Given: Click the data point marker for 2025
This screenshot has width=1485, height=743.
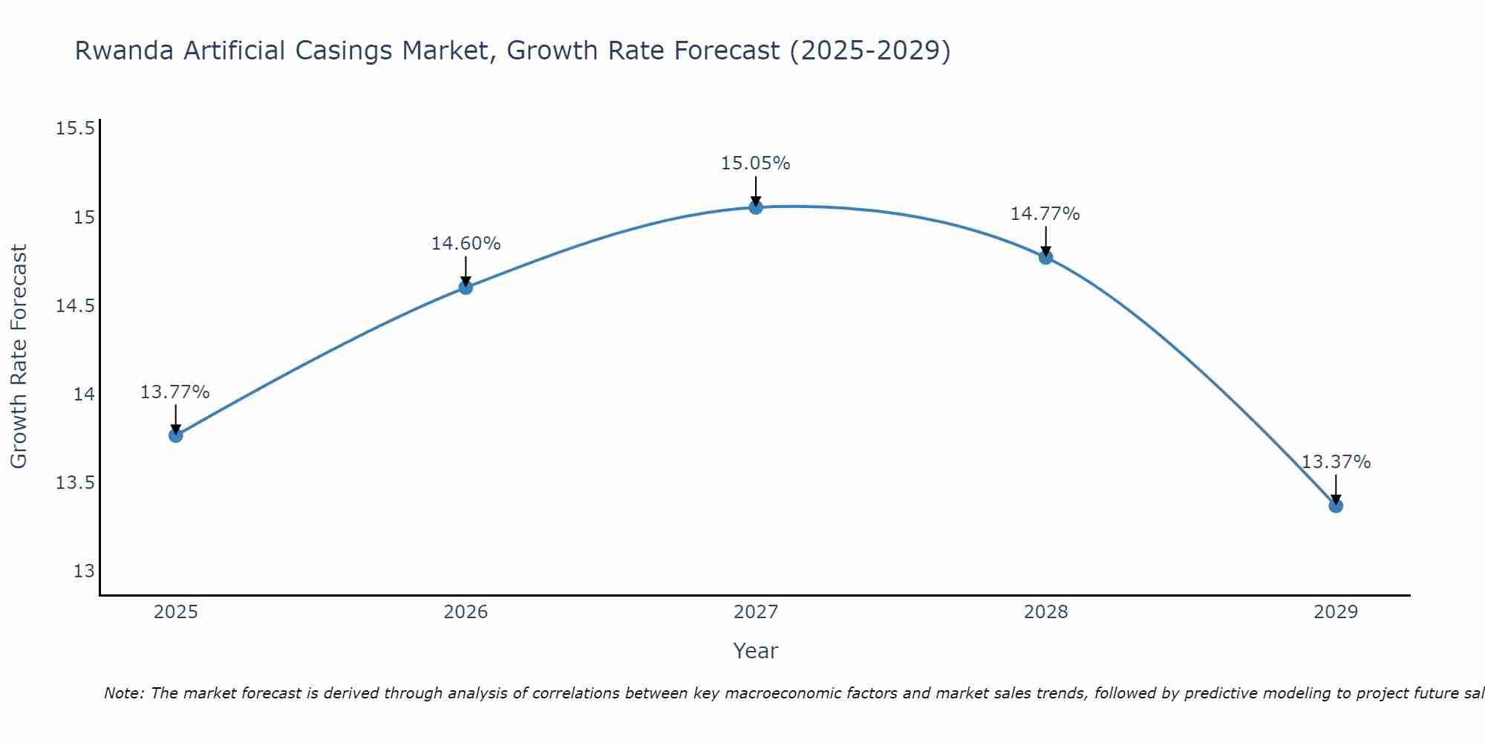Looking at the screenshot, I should pos(176,435).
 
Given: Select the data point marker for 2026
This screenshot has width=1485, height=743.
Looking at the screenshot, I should pos(466,288).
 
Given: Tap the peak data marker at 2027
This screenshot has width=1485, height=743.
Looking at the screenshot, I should pos(756,207).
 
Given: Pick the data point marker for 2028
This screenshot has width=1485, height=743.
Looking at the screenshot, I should pos(1045,258).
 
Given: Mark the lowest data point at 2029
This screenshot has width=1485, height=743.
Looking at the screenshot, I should pos(1336,506).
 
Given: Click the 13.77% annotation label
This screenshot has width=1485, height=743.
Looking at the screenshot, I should pos(175,392).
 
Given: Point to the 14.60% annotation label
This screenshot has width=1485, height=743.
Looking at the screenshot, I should pos(466,244).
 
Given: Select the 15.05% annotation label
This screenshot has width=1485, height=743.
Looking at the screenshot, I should pos(755,163).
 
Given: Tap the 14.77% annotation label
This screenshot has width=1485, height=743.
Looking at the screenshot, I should pos(1045,214).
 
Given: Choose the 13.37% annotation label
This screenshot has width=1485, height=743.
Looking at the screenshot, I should pos(1336,462).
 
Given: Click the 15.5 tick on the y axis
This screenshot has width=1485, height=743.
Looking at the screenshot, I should pos(76,129).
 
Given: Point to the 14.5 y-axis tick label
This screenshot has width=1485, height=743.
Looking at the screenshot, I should pos(76,306).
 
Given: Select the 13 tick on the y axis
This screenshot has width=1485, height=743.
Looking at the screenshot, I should pos(84,571).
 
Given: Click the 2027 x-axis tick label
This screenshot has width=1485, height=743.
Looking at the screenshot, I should pos(756,612).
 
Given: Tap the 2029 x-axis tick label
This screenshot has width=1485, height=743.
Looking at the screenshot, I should pos(1336,612).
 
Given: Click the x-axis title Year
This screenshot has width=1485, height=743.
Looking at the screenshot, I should pos(755,651).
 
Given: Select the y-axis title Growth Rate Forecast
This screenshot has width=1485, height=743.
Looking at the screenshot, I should pos(19,357).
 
